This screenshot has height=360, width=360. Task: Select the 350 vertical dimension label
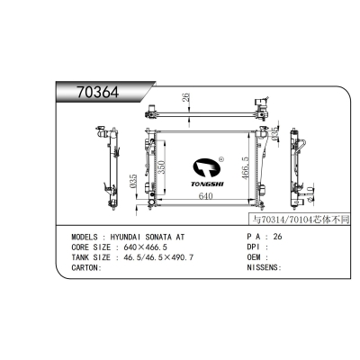(x=161, y=169)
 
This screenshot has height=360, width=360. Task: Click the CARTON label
(x=85, y=267)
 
